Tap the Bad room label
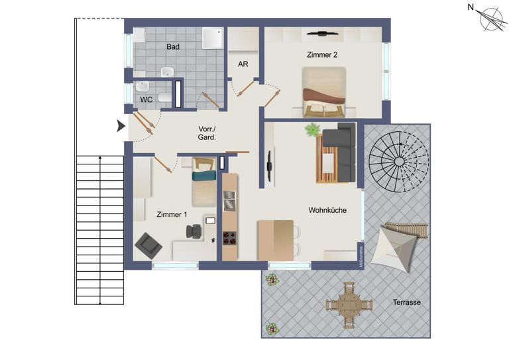click(173, 47)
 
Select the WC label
click(146, 99)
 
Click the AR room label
click(243, 64)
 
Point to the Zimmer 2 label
click(323, 55)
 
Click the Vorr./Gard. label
click(207, 133)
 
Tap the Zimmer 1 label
click(172, 215)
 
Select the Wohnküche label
click(327, 210)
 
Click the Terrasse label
click(406, 302)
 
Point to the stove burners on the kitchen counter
click(230, 238)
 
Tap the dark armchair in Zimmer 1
click(148, 246)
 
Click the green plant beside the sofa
click(311, 130)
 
